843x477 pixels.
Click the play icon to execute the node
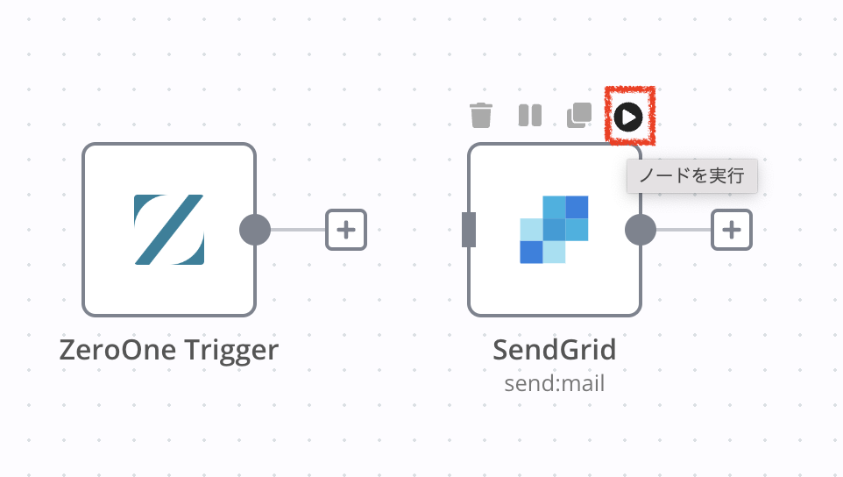[x=628, y=117]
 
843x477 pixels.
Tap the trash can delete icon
[x=480, y=115]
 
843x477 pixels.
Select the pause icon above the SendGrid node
[x=530, y=115]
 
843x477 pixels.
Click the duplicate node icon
[x=579, y=115]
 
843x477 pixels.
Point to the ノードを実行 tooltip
[x=692, y=176]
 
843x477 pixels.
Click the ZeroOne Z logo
[x=169, y=230]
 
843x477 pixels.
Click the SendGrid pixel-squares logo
[x=554, y=230]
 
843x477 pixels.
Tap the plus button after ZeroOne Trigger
[x=345, y=230]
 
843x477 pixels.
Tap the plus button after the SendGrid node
[x=731, y=230]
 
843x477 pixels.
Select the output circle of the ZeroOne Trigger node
[x=255, y=230]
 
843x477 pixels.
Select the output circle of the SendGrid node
[x=641, y=230]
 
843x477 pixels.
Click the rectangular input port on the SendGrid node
[x=469, y=230]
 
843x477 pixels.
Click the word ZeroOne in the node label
[x=117, y=350]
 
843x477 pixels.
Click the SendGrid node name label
[x=555, y=350]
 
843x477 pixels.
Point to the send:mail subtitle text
[x=555, y=383]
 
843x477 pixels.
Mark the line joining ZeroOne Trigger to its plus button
[x=298, y=230]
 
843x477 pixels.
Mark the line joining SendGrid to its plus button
[x=684, y=230]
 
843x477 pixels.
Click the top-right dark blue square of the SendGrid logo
[x=577, y=207]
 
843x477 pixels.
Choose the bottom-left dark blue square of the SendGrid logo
[x=531, y=253]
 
